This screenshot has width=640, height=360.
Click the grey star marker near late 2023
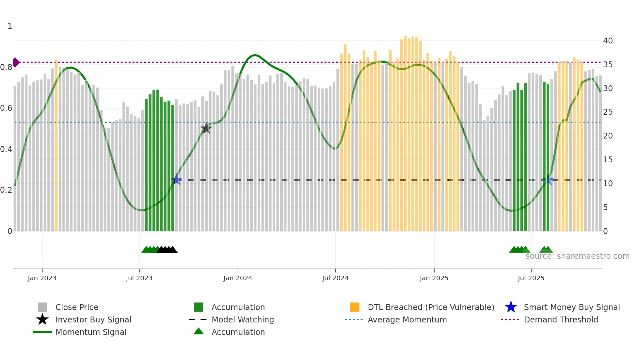pos(206,128)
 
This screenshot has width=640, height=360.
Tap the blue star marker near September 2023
pos(176,179)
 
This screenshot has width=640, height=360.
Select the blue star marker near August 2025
pos(548,180)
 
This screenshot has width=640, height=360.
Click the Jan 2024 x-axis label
pos(238,278)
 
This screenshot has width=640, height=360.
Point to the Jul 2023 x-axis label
pos(139,278)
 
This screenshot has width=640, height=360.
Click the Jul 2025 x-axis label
pos(531,278)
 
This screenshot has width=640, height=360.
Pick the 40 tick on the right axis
pos(608,41)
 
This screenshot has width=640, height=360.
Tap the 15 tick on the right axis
pos(608,160)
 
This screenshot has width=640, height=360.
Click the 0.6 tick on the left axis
pos(6,108)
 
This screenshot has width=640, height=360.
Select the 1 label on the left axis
pos(10,26)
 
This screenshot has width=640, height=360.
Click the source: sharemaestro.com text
pos(577,256)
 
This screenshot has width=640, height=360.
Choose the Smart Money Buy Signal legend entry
pos(571,307)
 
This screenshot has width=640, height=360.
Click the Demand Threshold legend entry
pos(561,319)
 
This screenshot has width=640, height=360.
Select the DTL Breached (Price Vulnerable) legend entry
pos(431,307)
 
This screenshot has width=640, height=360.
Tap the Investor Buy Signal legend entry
pos(93,319)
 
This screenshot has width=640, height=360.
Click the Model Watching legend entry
pos(242,319)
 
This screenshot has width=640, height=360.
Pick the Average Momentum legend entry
pos(407,319)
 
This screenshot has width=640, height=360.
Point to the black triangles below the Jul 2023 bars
pos(167,250)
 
